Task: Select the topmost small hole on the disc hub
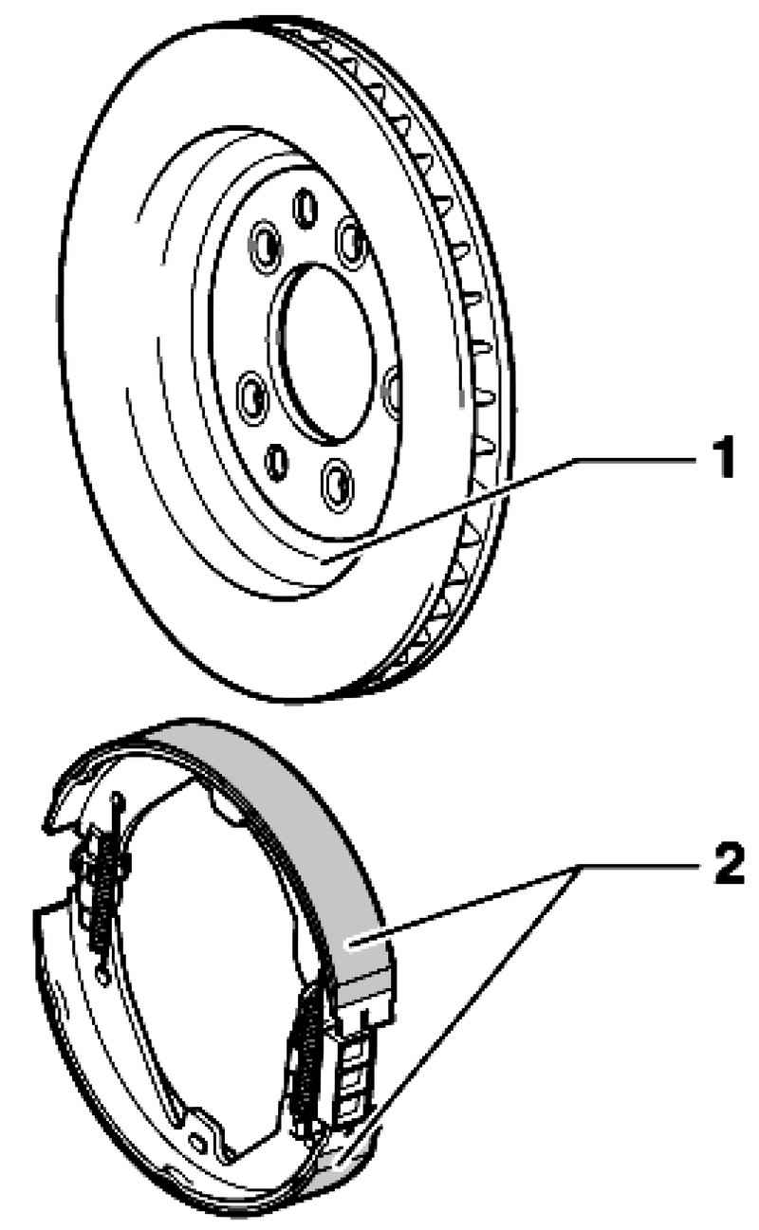point(305,208)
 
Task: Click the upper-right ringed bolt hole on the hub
point(351,243)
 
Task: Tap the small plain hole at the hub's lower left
point(276,463)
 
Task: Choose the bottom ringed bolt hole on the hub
point(337,486)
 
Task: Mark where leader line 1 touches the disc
point(324,560)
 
